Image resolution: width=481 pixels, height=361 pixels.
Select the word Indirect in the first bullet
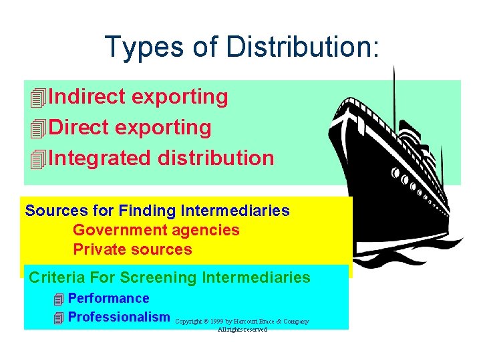point(87,97)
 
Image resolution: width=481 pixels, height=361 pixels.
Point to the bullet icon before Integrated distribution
point(39,159)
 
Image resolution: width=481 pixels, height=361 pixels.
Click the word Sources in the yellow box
point(56,211)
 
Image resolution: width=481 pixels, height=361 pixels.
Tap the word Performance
point(108,298)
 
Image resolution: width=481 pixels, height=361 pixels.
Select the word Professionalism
point(119,317)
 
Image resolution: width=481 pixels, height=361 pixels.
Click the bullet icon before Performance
point(59,299)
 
